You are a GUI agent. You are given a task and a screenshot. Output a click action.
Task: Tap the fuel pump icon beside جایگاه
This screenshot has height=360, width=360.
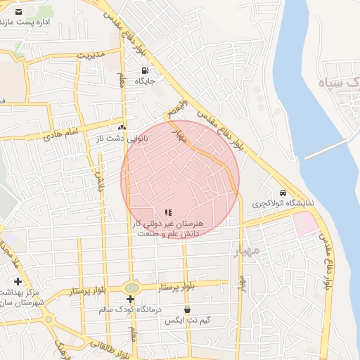pyautogui.click(x=145, y=70)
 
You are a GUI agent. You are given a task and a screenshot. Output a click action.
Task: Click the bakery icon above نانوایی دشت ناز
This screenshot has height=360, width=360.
pyautogui.click(x=122, y=127)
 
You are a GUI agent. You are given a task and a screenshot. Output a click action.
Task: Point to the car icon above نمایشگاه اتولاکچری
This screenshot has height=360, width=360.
pyautogui.click(x=283, y=193)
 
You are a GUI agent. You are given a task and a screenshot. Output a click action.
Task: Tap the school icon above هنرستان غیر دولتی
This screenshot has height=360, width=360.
pyautogui.click(x=167, y=212)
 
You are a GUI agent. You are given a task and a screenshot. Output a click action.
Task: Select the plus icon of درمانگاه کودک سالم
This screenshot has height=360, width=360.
pyautogui.click(x=130, y=299)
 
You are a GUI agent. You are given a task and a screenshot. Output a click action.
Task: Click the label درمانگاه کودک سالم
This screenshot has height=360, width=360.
pyautogui.click(x=129, y=309)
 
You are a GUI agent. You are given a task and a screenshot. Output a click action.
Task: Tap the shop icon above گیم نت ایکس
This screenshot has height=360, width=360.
pyautogui.click(x=187, y=309)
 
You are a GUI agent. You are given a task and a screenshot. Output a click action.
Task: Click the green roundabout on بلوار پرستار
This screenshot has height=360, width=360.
pyautogui.click(x=131, y=288)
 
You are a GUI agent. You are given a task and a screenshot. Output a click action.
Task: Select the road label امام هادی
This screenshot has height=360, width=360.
pyautogui.click(x=63, y=133)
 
